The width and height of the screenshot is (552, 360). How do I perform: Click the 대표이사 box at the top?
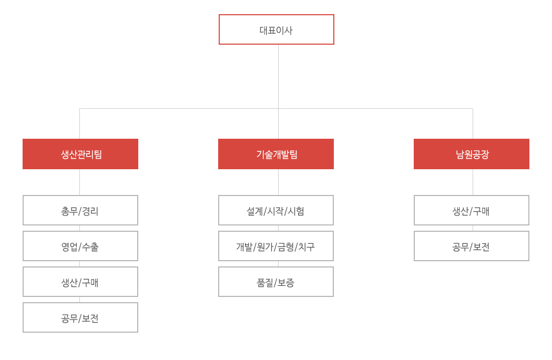277,29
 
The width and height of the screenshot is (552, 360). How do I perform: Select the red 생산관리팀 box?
80,154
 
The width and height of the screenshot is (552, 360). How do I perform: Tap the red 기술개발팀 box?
276,154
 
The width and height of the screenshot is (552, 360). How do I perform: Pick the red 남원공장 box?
472,154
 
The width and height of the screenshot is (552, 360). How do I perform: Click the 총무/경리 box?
80,210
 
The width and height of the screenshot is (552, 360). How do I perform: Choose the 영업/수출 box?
80,246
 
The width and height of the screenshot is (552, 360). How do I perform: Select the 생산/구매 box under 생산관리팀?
80,282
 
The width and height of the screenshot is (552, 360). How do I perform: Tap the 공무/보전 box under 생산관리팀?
80,317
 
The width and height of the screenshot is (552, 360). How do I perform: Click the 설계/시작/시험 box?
276,210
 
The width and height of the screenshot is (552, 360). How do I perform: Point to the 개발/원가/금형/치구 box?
276,246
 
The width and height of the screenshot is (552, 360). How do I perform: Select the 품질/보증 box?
276,282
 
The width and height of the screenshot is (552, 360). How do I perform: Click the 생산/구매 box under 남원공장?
472,210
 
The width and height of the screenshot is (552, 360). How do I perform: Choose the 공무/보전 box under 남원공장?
472,246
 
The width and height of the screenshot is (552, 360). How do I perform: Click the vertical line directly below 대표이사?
279,91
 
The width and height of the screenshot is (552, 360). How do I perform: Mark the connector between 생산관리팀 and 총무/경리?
79,182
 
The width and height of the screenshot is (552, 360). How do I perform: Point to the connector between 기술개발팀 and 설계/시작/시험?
279,182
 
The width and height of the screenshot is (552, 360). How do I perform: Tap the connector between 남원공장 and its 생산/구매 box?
473,182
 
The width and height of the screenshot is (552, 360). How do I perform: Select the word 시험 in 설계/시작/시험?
296,211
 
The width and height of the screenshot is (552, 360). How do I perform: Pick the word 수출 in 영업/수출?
90,247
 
